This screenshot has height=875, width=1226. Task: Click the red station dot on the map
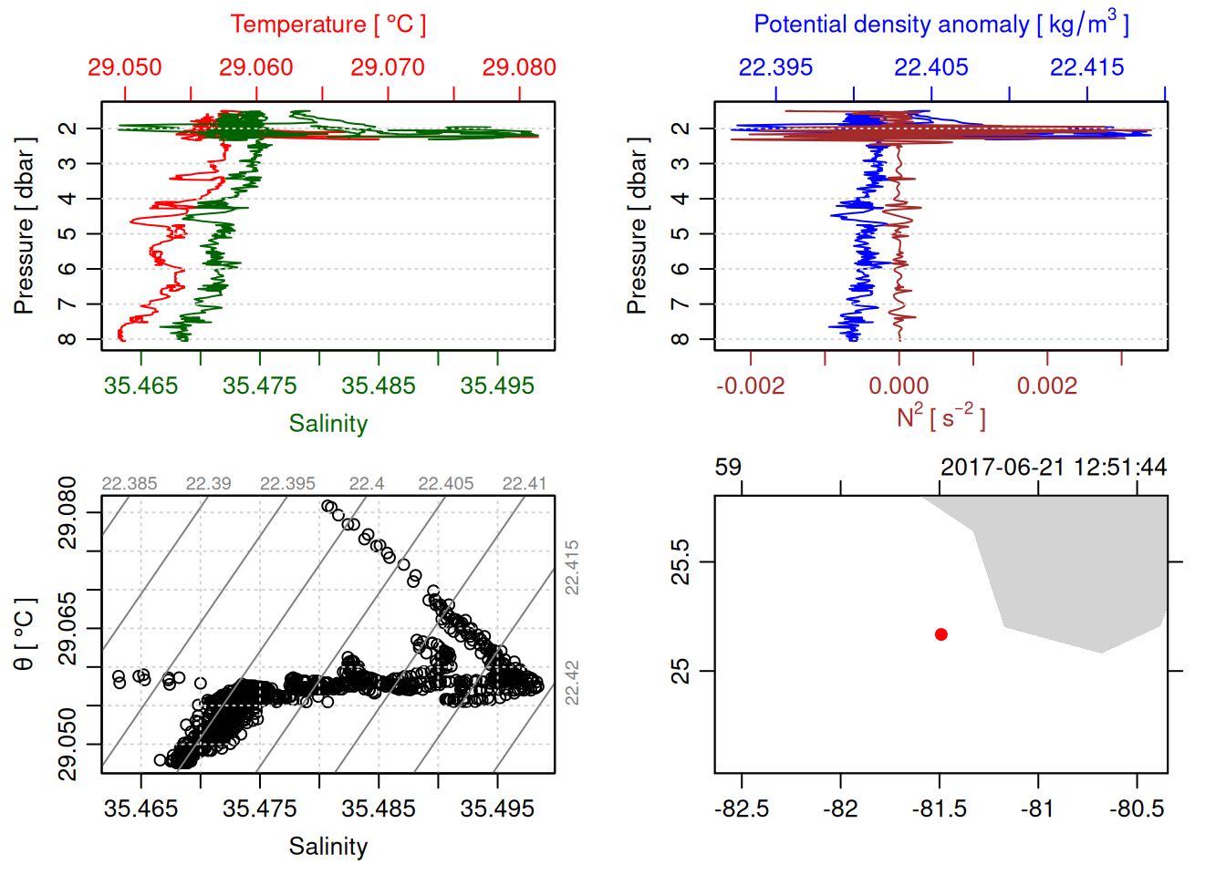click(x=941, y=634)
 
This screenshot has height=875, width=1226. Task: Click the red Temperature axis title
click(x=327, y=25)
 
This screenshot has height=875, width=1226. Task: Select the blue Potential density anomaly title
click(x=940, y=24)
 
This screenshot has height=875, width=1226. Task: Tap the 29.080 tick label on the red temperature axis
click(x=518, y=67)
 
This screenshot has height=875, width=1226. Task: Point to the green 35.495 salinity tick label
click(x=497, y=386)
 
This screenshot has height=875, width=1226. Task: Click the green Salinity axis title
click(x=327, y=424)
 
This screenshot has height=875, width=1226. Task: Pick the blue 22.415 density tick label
click(x=1086, y=67)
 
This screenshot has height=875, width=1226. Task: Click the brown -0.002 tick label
click(x=750, y=386)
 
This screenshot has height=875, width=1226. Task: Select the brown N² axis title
click(x=940, y=417)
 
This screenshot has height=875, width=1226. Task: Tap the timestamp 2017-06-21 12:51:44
click(x=1054, y=468)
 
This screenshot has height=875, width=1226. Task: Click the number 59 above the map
click(x=728, y=468)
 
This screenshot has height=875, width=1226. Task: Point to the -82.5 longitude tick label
click(x=742, y=808)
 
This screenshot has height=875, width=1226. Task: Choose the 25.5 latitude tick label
click(x=680, y=561)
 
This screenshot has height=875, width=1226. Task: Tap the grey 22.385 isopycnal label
click(x=129, y=484)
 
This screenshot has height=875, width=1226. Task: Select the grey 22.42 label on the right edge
click(x=572, y=683)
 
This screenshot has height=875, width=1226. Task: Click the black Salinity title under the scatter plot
click(x=327, y=847)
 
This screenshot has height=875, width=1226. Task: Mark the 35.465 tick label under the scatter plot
click(x=140, y=808)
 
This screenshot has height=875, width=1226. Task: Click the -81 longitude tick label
click(x=1038, y=808)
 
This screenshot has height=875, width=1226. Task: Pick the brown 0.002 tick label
click(x=1046, y=386)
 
